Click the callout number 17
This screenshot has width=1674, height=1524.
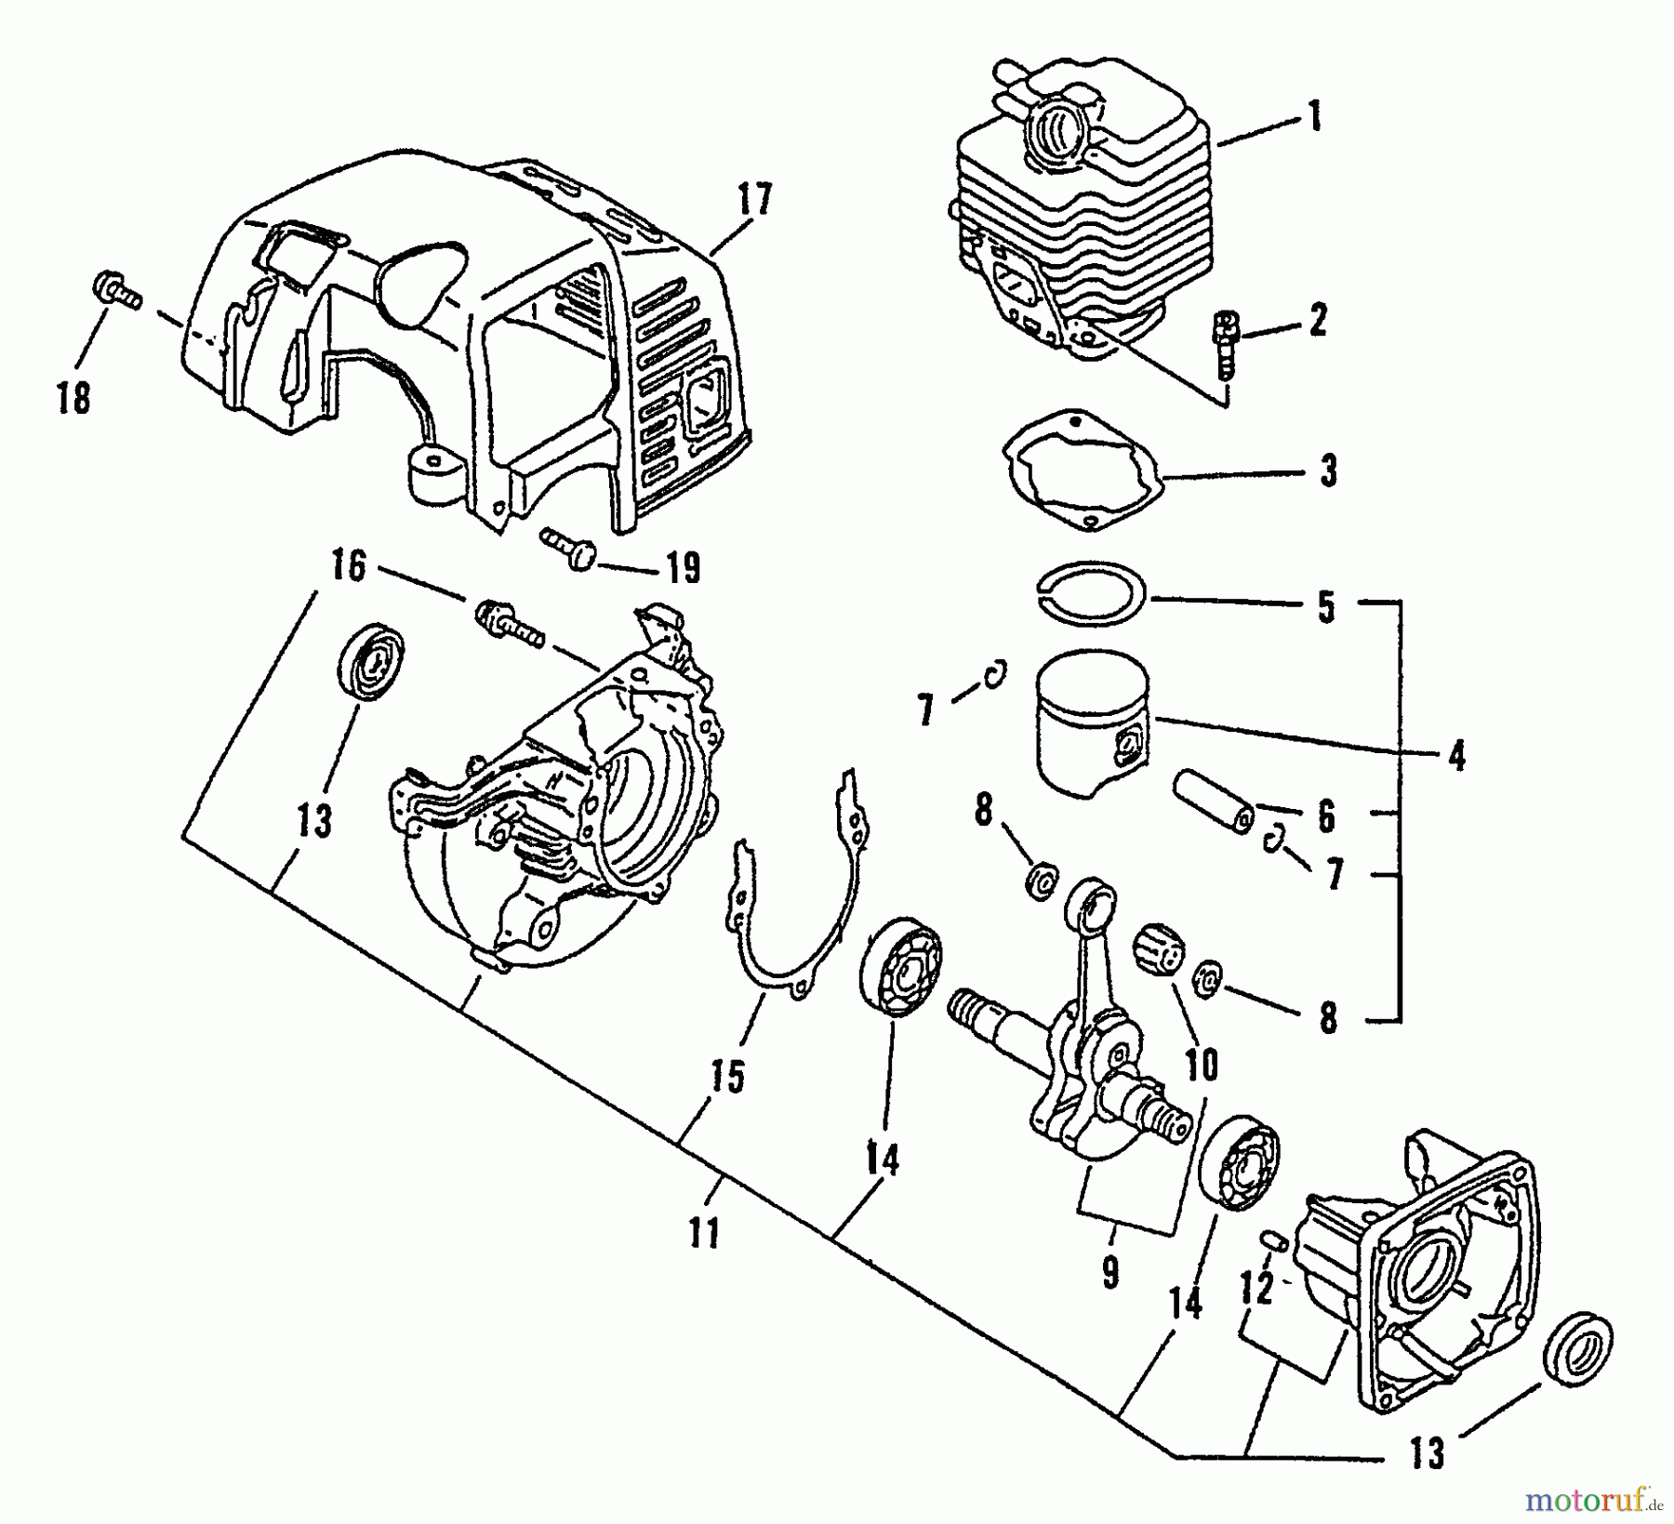point(754,199)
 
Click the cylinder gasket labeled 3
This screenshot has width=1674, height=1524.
point(1084,472)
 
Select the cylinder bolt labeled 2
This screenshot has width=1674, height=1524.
point(1224,344)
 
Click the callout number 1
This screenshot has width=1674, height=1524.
point(1314,118)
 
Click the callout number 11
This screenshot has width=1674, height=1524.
point(705,1234)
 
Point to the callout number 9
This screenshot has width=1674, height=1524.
point(1111,1273)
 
